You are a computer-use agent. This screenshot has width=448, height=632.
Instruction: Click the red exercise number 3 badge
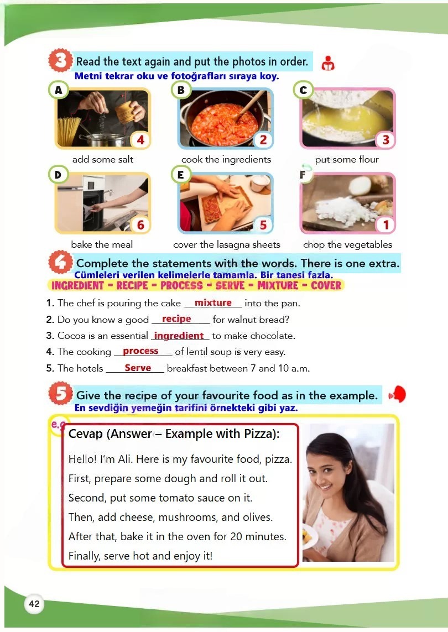point(60,60)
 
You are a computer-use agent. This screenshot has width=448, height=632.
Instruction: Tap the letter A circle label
point(59,90)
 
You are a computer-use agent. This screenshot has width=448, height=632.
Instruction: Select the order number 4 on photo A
point(140,140)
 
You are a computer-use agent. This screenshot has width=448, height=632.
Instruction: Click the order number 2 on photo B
point(263,140)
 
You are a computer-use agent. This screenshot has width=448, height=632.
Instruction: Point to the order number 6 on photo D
point(140,224)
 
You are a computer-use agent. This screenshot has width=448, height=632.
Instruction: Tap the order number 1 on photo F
point(386,224)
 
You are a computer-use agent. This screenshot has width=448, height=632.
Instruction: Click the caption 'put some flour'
point(347,159)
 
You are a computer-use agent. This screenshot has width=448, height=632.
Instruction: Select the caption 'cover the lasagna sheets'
point(227,244)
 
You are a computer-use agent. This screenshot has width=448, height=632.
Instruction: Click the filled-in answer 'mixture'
point(213,302)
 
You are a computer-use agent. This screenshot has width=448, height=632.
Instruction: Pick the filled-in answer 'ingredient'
point(179,336)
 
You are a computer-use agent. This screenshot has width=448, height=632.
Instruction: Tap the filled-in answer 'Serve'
point(138,368)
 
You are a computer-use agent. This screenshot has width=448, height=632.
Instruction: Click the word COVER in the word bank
point(326,285)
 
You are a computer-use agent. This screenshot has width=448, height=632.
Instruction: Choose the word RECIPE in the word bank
point(132,285)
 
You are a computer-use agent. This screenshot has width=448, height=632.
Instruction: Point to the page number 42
point(34,603)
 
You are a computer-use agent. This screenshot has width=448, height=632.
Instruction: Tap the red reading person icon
point(328,63)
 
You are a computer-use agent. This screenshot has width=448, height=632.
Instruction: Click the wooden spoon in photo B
point(251,105)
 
